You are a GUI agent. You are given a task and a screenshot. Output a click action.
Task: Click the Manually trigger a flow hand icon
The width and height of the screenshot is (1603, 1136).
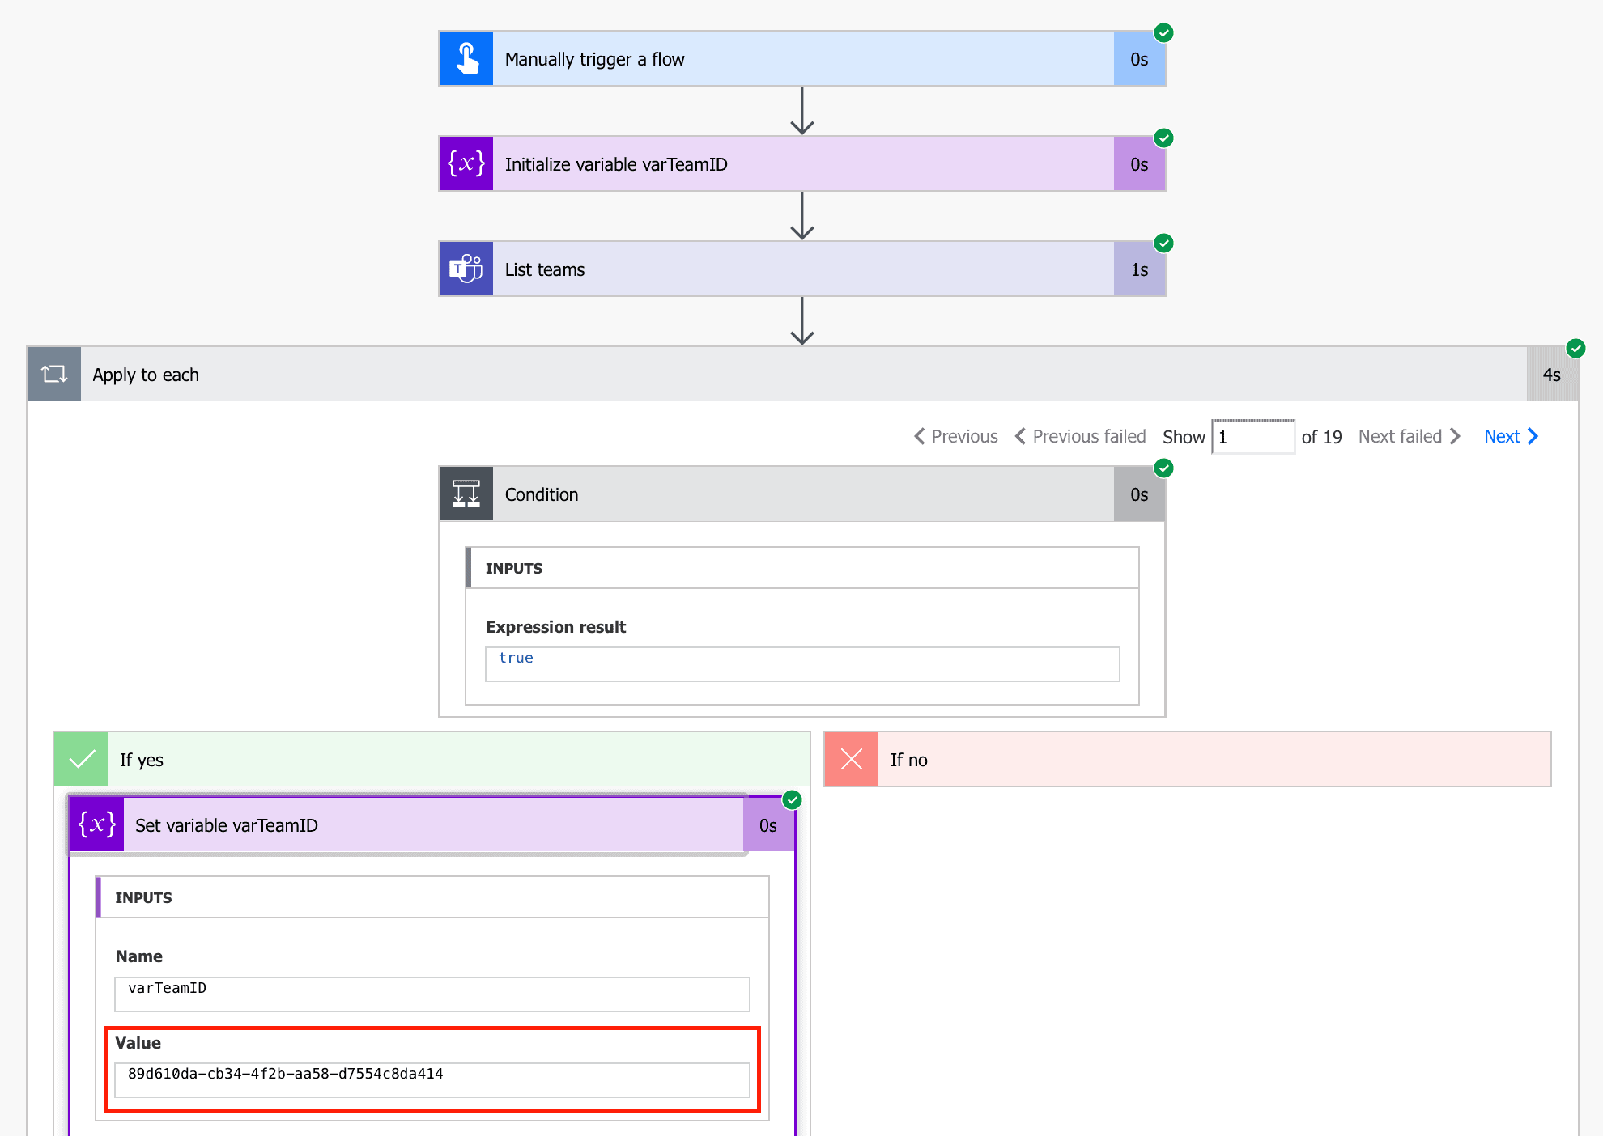click(x=466, y=59)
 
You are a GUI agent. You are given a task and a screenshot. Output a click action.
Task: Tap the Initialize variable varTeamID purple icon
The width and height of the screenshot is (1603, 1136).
click(x=466, y=164)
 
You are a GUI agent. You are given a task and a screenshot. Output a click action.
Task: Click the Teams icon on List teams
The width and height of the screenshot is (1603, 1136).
click(x=466, y=269)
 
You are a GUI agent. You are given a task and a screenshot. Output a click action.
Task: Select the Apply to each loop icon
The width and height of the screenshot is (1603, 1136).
click(x=54, y=375)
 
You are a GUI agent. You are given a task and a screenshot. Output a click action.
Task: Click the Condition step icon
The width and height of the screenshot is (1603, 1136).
click(x=466, y=494)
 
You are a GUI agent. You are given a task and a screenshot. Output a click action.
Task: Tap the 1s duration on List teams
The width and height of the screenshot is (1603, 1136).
click(x=1139, y=269)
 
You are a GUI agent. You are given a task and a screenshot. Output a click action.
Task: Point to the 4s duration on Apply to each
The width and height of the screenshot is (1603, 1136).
click(x=1551, y=375)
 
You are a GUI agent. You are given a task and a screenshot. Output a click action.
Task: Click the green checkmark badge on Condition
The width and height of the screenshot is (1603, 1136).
click(x=1163, y=468)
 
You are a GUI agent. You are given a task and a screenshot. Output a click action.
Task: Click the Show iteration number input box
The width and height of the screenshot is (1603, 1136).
click(x=1252, y=437)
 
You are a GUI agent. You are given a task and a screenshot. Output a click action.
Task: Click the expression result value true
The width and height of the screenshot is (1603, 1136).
click(x=516, y=659)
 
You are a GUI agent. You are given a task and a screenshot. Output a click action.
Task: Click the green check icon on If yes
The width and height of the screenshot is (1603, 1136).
click(x=82, y=760)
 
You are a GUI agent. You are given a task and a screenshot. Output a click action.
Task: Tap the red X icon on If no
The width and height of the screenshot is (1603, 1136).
click(x=852, y=760)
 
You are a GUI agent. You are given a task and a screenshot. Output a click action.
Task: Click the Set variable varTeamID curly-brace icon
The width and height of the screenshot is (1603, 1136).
click(x=97, y=825)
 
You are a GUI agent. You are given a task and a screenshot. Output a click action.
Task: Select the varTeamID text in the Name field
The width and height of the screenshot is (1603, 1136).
click(x=168, y=988)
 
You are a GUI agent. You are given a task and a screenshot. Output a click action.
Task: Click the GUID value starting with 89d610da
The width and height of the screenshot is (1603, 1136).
click(x=286, y=1074)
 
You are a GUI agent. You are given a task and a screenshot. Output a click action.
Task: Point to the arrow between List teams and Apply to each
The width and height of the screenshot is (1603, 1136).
click(x=802, y=321)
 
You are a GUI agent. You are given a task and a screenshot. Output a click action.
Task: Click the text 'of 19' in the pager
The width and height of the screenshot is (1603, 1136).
click(x=1321, y=437)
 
